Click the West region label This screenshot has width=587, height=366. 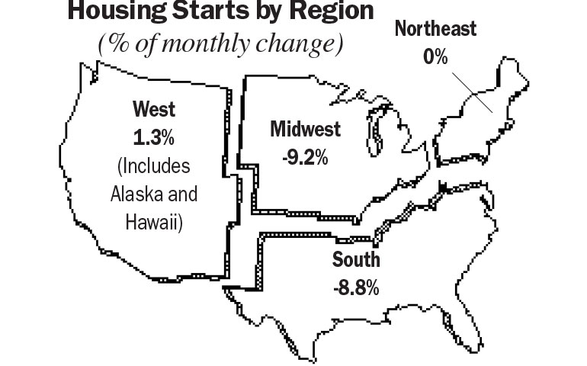[153, 109]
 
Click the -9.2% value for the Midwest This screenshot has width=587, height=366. [299, 158]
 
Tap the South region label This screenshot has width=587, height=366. [355, 260]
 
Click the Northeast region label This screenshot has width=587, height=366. [436, 30]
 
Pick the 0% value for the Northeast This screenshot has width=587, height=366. [436, 58]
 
